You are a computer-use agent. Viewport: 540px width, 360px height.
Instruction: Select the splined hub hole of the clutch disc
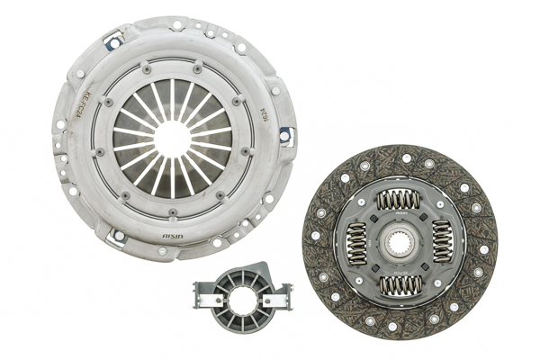pyautogui.click(x=400, y=242)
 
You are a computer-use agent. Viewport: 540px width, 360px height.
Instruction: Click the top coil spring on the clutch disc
pyautogui.click(x=400, y=200)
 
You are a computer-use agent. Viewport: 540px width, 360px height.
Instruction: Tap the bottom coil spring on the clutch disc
pyautogui.click(x=400, y=285)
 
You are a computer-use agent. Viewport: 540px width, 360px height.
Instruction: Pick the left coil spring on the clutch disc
pyautogui.click(x=356, y=242)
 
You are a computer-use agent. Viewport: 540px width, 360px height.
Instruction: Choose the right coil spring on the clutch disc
pyautogui.click(x=442, y=242)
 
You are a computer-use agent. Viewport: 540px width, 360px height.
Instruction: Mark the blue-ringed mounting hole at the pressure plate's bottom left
pyautogui.click(x=117, y=236)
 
